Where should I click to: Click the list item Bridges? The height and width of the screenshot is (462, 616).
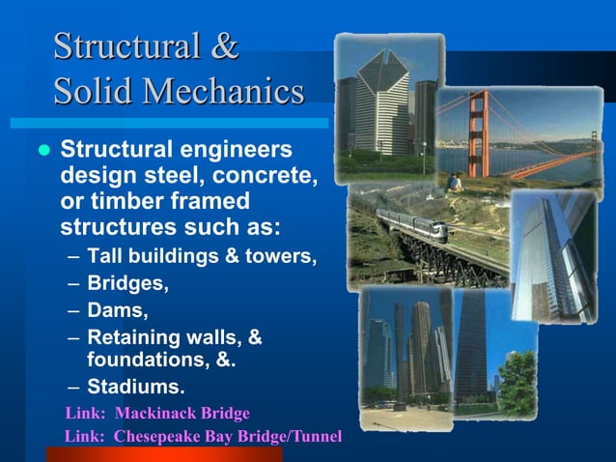click(127, 285)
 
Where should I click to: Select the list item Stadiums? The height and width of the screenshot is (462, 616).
click(135, 388)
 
